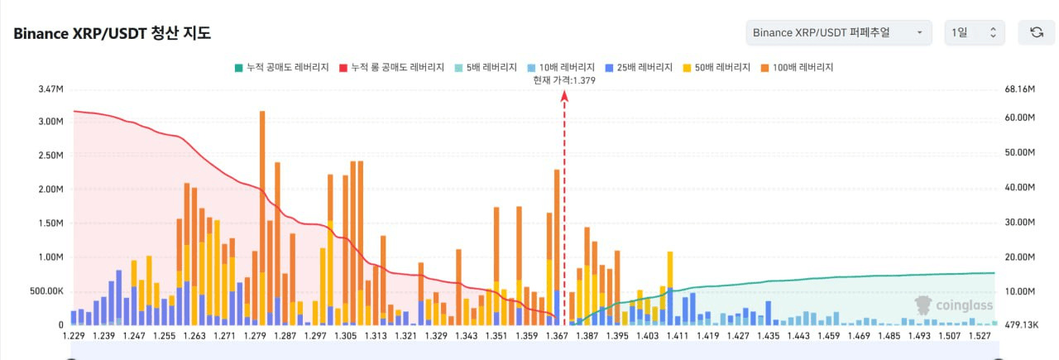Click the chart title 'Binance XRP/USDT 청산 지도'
click(112, 33)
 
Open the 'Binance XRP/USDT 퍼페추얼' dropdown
click(838, 32)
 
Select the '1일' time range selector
click(975, 32)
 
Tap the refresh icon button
click(1036, 32)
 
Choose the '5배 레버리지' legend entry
click(487, 66)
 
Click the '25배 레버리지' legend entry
click(638, 66)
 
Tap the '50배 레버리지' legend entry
click(716, 66)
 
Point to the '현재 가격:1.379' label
click(564, 80)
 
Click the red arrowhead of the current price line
click(564, 96)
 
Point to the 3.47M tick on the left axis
click(50, 89)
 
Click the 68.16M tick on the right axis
click(1019, 89)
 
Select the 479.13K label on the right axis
click(1019, 325)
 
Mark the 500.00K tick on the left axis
click(46, 291)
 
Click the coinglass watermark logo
click(952, 305)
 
